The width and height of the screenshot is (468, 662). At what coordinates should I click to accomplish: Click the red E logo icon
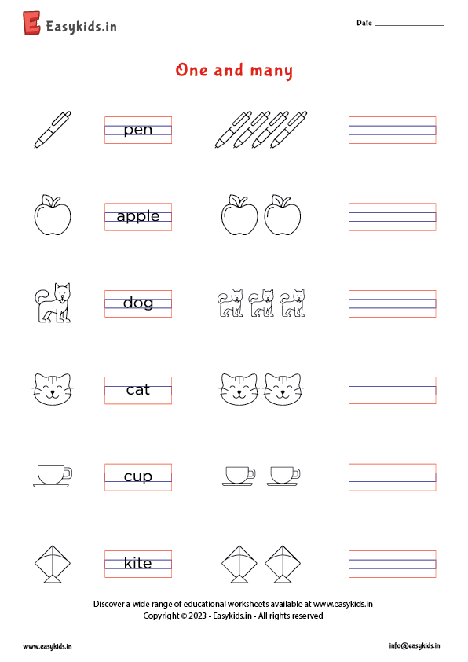point(32,24)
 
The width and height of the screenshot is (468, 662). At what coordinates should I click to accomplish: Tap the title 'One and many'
point(234,71)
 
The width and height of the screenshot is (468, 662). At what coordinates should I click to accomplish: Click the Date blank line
point(409,25)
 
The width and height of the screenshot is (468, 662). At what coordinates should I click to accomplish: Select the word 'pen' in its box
point(138,130)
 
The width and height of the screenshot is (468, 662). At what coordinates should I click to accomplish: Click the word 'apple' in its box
point(138,216)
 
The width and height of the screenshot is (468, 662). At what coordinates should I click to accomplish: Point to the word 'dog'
point(138,303)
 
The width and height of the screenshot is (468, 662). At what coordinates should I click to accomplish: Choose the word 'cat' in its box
point(138,390)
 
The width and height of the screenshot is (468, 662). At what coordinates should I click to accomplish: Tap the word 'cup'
point(138,476)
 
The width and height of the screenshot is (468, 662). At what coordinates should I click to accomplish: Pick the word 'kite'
point(138,563)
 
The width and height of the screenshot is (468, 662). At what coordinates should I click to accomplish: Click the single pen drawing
point(53,129)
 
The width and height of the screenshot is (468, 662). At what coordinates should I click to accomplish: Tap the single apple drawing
point(53,215)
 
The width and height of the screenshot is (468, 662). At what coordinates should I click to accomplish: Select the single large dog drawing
point(53,303)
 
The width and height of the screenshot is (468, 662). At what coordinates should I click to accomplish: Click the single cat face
point(53,388)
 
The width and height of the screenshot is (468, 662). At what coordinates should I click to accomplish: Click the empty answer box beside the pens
point(392,130)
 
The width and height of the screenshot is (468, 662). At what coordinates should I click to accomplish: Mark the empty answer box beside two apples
point(392,216)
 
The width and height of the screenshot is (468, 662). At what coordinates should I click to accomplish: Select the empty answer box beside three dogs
point(392,303)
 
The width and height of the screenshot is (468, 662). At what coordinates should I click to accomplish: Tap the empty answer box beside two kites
point(392,563)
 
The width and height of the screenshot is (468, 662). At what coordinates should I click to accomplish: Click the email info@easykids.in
point(414,645)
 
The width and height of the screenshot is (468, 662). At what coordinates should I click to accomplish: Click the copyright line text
point(233,616)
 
